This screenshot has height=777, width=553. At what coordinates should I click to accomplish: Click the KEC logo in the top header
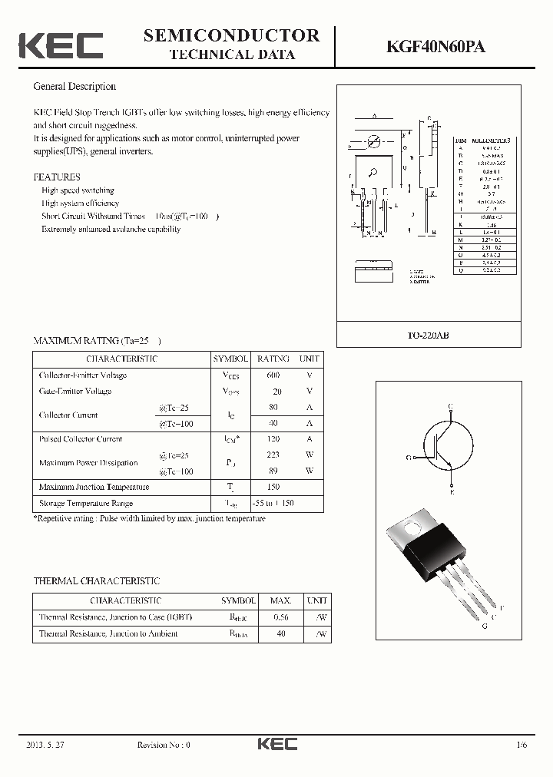(x=61, y=45)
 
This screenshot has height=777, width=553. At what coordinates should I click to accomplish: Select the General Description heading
(x=75, y=87)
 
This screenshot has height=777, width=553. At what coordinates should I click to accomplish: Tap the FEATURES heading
(x=57, y=177)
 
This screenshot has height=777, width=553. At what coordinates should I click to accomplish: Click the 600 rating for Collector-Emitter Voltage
(x=273, y=375)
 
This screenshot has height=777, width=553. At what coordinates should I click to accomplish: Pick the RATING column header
(x=273, y=359)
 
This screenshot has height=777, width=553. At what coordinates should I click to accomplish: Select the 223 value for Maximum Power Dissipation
(x=273, y=455)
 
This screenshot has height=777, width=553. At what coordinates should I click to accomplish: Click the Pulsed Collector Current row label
(x=81, y=439)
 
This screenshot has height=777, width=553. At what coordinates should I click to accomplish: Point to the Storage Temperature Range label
(x=86, y=504)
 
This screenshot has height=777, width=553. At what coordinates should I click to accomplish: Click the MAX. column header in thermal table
(x=280, y=600)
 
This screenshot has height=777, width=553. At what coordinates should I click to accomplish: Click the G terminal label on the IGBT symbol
(x=410, y=457)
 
